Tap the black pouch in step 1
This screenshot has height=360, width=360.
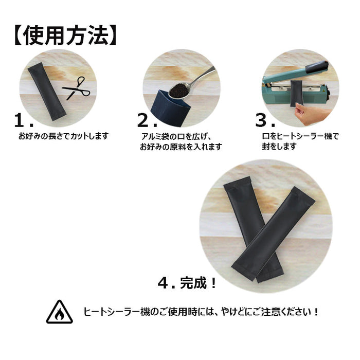(47, 92)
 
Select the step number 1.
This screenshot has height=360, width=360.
(24, 120)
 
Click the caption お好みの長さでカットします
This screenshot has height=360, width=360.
(63, 136)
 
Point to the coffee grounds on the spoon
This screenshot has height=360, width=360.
(178, 90)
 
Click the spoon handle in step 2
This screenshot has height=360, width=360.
(203, 77)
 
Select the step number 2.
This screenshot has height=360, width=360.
(147, 120)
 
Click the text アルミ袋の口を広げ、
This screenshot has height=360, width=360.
(176, 136)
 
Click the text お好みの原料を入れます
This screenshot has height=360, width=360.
(181, 147)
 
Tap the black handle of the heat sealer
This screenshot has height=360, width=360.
(317, 66)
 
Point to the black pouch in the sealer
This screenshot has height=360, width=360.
(297, 94)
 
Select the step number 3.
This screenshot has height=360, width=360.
(265, 120)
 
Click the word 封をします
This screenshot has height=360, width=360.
(279, 146)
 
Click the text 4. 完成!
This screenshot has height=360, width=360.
(187, 283)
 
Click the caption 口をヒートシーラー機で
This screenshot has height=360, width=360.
(300, 136)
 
